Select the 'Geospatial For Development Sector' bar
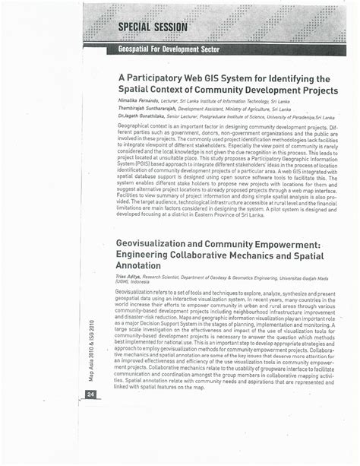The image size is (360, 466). pyautogui.click(x=169, y=49)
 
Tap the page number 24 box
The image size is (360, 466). pyautogui.click(x=90, y=394)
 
